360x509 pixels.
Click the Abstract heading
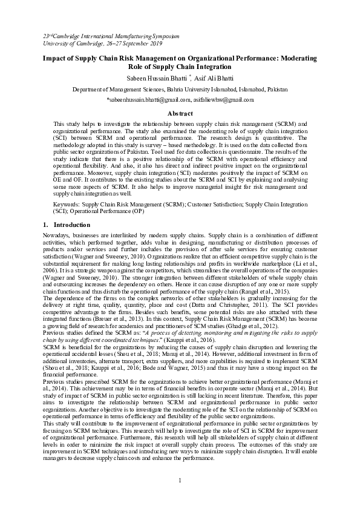(x=180, y=113)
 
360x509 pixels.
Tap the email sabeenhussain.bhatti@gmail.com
(x=145, y=99)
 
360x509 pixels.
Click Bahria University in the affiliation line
(x=176, y=89)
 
